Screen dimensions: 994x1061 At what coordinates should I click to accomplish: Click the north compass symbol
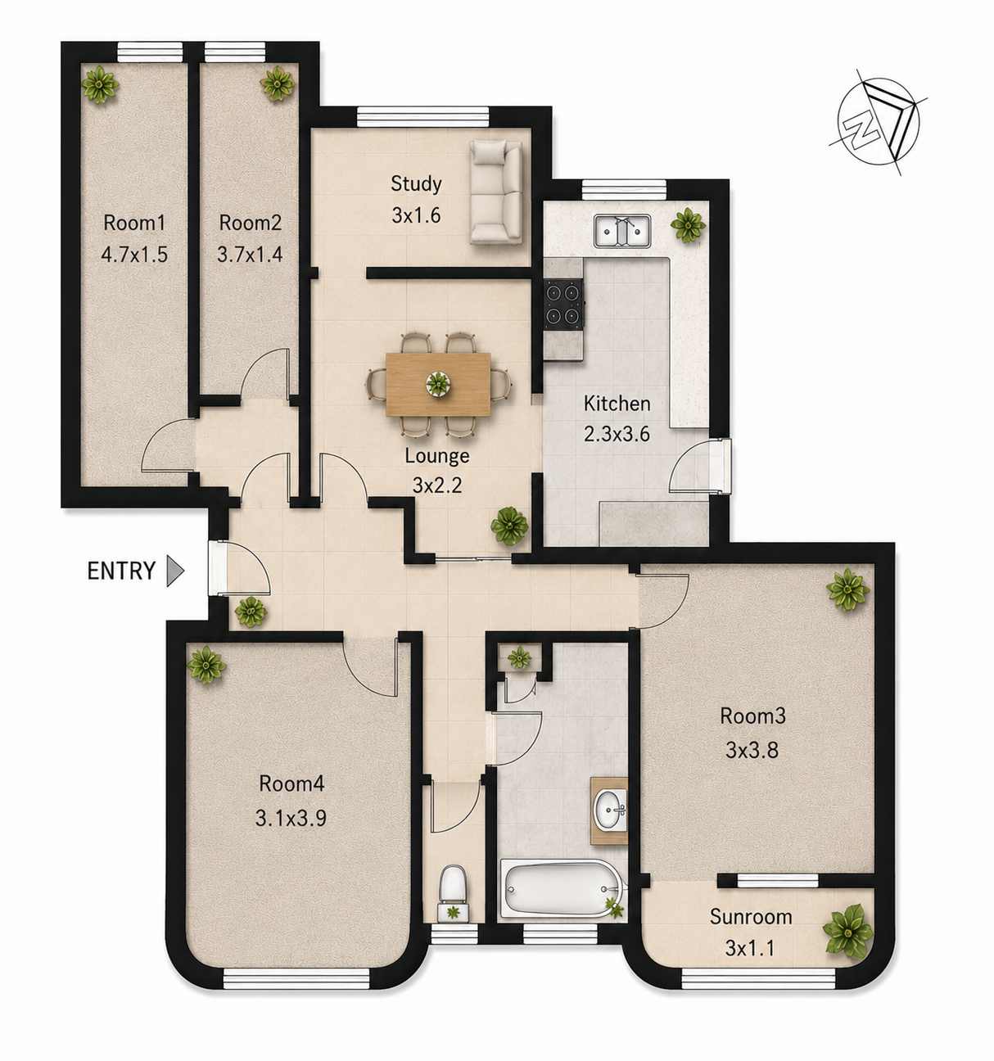click(x=878, y=122)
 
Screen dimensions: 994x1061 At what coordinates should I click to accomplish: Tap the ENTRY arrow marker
click(x=175, y=571)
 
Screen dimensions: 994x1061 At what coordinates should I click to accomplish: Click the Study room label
click(x=416, y=183)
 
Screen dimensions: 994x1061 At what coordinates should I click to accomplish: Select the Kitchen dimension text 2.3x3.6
click(x=617, y=434)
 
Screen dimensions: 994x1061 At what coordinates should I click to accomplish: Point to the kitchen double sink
click(x=622, y=231)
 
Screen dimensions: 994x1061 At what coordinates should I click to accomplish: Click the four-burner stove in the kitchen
click(x=564, y=304)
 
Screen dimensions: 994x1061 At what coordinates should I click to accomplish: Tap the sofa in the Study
click(x=496, y=192)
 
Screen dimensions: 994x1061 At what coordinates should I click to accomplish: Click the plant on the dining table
click(x=438, y=383)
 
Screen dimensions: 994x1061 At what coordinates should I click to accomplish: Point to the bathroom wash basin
click(x=610, y=811)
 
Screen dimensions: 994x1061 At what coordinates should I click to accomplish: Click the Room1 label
click(x=134, y=223)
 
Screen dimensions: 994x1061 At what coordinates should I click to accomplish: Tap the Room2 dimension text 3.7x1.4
click(x=250, y=255)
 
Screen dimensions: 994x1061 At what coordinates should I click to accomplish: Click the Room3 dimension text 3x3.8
click(x=752, y=751)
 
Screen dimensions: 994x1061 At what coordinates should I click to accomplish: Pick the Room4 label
click(x=291, y=783)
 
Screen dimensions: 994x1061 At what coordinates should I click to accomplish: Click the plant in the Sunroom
click(x=847, y=932)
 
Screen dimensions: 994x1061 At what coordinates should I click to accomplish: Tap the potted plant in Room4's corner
click(x=206, y=665)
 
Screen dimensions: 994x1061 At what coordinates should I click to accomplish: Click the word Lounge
click(x=437, y=456)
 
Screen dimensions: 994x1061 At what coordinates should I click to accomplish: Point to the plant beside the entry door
click(x=250, y=612)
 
